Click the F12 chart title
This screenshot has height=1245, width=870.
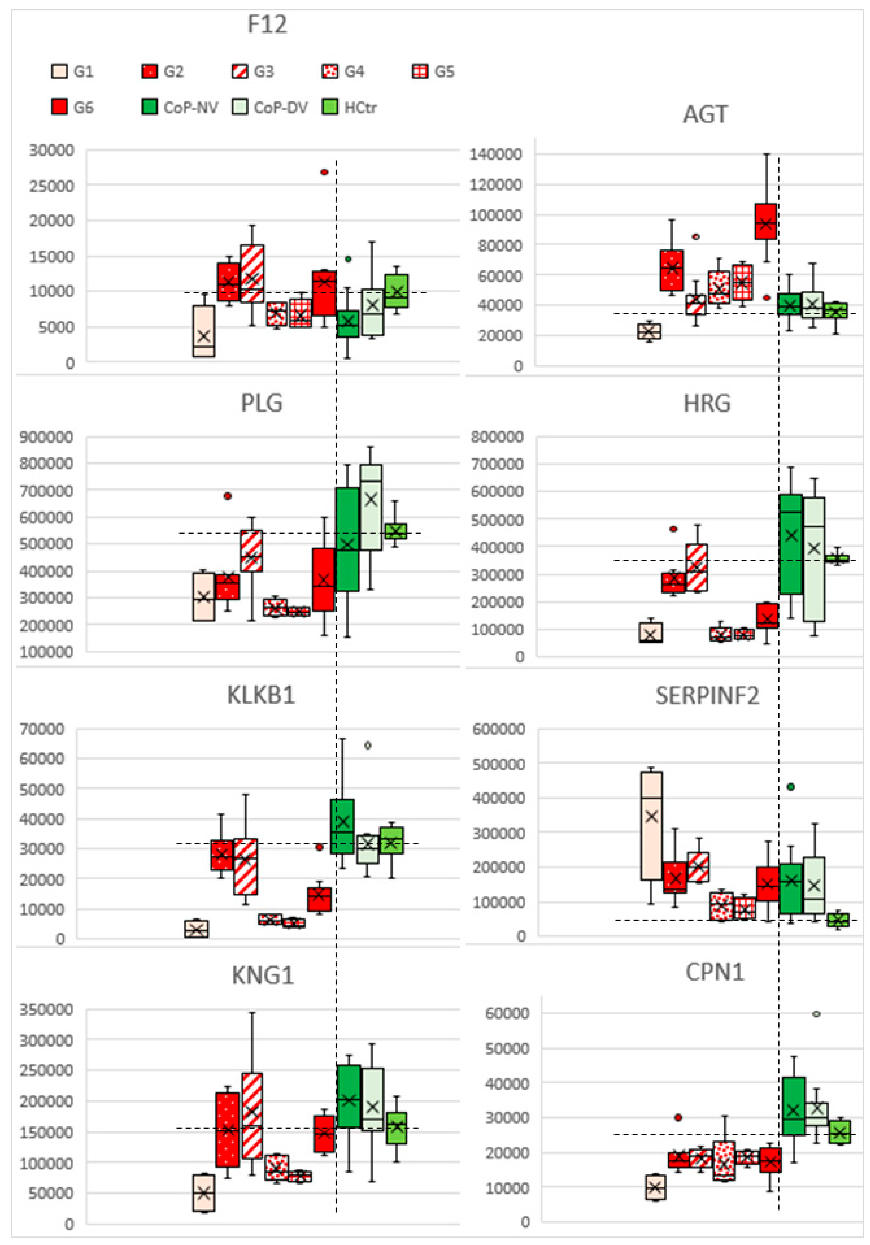[267, 24]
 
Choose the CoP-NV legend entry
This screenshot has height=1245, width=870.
[180, 107]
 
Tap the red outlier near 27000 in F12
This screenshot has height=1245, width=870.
[324, 172]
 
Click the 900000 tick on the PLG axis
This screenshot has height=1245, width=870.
[46, 437]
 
